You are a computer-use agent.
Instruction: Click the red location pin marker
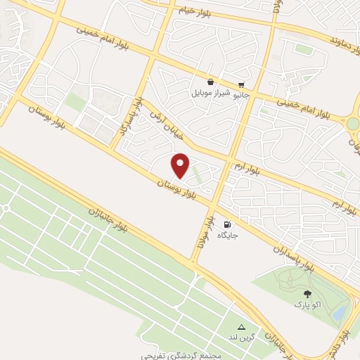coord(180,165)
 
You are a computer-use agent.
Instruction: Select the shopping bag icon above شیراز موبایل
coord(210,82)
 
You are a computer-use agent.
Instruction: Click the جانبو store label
coord(241,91)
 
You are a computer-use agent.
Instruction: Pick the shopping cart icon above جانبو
coord(242,82)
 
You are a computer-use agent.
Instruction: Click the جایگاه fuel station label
coord(227,235)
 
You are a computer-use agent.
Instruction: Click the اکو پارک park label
coord(307,306)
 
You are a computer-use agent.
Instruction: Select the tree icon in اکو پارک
coord(307,295)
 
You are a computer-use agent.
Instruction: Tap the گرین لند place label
coord(243,338)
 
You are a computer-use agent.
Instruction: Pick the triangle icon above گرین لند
coord(242,327)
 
